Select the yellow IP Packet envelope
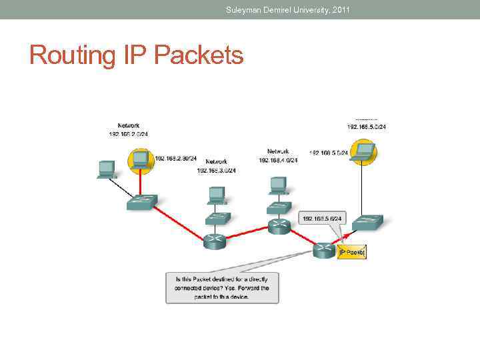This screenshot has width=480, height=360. coord(352,252)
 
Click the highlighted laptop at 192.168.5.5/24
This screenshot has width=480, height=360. coord(364,153)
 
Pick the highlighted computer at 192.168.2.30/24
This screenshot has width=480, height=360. coord(140,160)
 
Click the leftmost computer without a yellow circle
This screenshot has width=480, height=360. coord(105,169)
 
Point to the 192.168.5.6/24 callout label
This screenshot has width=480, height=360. coord(323,218)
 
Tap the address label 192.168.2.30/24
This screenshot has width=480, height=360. coord(176,159)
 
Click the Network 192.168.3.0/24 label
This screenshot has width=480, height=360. coord(216,166)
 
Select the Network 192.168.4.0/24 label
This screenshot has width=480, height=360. coord(278,155)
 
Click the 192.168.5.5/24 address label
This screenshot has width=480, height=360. coord(328,153)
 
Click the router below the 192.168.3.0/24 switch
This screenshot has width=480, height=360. coord(215,241)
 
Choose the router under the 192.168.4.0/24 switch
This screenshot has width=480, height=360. coord(278,227)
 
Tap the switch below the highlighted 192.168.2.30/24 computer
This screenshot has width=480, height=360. coord(142,201)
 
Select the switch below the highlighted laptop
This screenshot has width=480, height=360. coord(368,221)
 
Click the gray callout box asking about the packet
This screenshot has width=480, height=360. coord(222,288)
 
